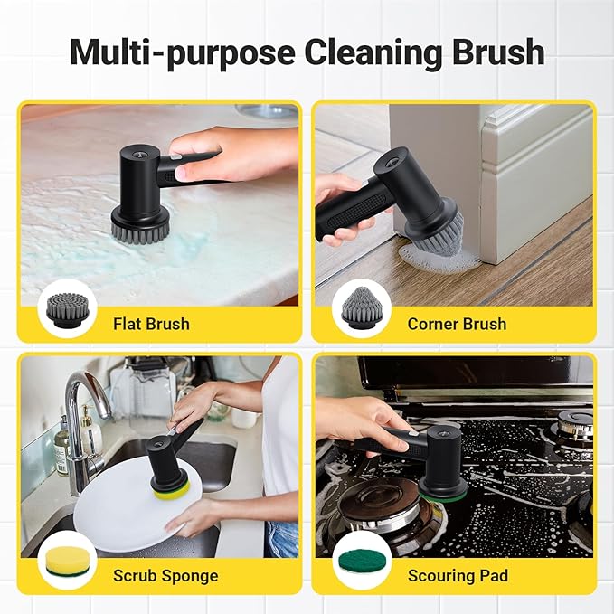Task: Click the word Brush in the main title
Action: pyautogui.click(x=496, y=52)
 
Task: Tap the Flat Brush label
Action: pyautogui.click(x=151, y=324)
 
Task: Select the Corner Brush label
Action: pyautogui.click(x=457, y=324)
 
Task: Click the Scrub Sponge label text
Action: pyautogui.click(x=165, y=575)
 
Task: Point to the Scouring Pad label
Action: pyautogui.click(x=458, y=575)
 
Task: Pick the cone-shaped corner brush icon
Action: pyautogui.click(x=360, y=309)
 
